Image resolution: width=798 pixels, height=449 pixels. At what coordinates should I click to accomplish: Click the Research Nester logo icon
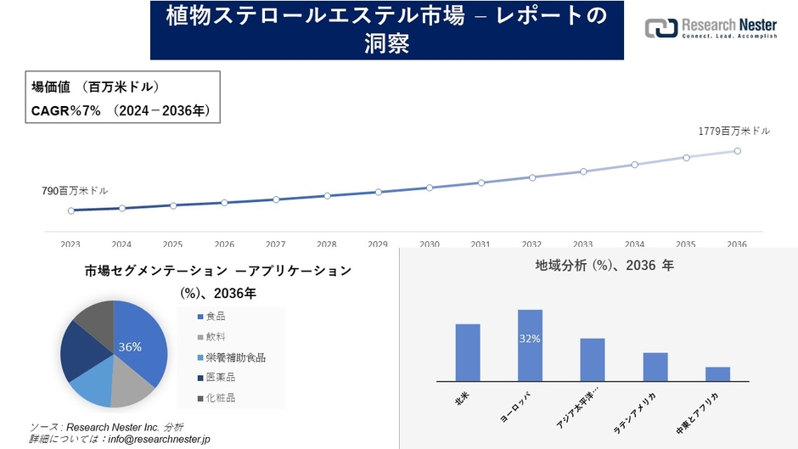click(x=661, y=28)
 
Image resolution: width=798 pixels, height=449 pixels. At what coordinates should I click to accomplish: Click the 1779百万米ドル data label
click(x=734, y=132)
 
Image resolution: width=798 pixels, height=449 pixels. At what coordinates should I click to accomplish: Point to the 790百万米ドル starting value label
click(x=76, y=191)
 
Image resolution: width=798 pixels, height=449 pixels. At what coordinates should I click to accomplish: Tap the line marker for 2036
click(x=737, y=151)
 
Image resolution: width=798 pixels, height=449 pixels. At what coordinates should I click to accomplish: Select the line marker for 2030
click(x=430, y=188)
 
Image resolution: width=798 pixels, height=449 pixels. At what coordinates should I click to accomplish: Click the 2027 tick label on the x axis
click(x=275, y=244)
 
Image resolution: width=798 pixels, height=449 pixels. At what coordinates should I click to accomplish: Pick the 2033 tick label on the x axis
click(x=583, y=244)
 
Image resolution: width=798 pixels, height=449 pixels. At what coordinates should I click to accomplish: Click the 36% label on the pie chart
click(x=130, y=347)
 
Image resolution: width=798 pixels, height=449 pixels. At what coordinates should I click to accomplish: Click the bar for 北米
click(x=468, y=352)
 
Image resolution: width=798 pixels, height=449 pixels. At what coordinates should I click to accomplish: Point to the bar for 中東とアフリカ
click(x=717, y=373)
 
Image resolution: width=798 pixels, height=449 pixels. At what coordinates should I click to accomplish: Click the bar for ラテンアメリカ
click(x=655, y=367)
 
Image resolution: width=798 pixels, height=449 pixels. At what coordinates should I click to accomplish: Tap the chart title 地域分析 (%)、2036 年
click(x=604, y=266)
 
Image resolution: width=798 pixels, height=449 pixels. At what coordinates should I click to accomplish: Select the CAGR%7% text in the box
click(x=66, y=110)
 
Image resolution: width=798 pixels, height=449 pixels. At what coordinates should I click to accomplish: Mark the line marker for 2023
click(x=71, y=210)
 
